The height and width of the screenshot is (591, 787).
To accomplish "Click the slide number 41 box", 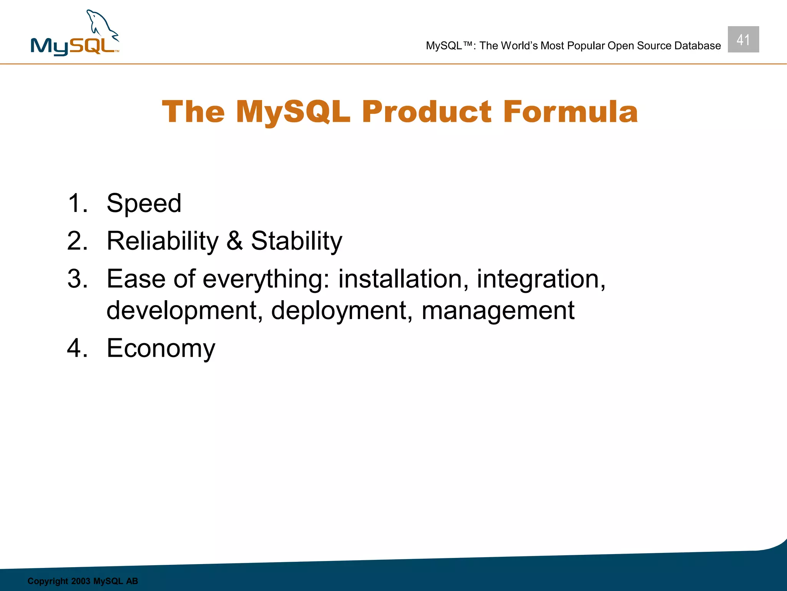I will coord(743,40).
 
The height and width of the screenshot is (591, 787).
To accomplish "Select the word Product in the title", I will coord(427,112).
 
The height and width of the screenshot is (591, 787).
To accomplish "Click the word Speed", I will coord(144,203).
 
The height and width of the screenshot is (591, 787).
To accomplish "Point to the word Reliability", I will coord(163,241).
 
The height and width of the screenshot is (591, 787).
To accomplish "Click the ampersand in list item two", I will coord(234,241).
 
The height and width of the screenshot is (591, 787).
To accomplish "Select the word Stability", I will coord(296,241).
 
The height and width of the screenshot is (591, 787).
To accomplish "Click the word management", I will coord(498,311).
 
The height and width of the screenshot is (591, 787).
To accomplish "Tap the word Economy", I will coord(161,348).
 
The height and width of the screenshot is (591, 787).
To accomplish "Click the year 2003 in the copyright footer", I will coord(80,581).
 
